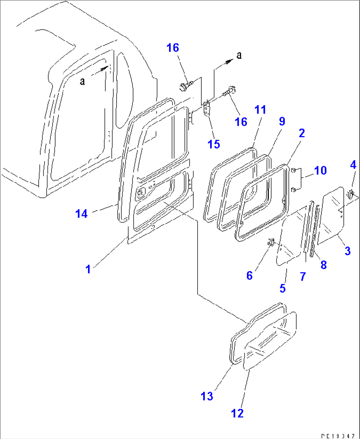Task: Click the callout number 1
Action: click(88, 269)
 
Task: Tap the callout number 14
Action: click(81, 214)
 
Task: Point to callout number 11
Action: click(260, 109)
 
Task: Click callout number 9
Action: click(282, 121)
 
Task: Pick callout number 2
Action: click(302, 133)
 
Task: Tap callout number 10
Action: click(320, 170)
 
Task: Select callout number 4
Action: click(353, 165)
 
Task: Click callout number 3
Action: click(347, 251)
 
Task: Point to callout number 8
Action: click(323, 264)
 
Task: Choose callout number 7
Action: click(303, 276)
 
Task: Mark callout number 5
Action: click(282, 288)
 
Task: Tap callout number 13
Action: click(207, 396)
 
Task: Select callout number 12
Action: click(237, 413)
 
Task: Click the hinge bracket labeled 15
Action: click(207, 109)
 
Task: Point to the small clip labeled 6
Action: click(271, 242)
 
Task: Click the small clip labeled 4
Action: click(350, 194)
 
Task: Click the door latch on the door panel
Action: click(142, 192)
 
